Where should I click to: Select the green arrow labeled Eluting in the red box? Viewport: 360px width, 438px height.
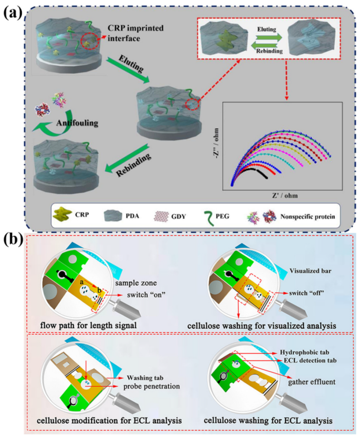tap(263, 35)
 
